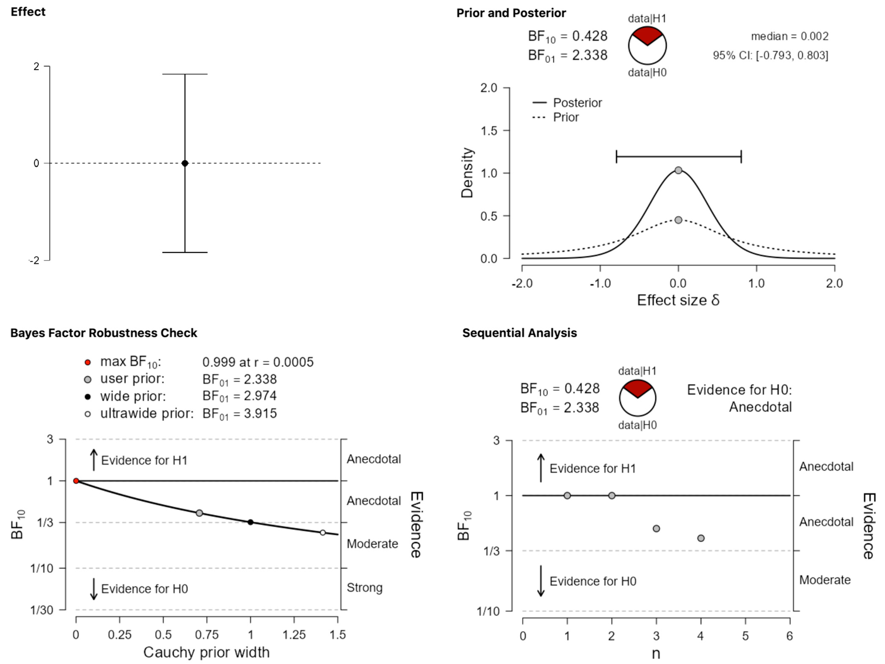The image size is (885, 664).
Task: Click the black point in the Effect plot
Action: (x=185, y=163)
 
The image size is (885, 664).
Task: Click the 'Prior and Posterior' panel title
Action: (x=511, y=13)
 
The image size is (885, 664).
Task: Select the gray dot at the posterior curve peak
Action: (x=678, y=170)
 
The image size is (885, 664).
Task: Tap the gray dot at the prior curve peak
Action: (x=678, y=220)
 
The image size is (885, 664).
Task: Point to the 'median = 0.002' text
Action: (x=789, y=36)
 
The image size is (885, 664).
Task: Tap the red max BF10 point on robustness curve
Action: (x=76, y=481)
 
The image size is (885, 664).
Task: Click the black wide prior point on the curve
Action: (x=250, y=522)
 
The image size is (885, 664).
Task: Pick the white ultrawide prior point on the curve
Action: (x=323, y=532)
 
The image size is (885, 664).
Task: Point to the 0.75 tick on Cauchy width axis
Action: (x=207, y=635)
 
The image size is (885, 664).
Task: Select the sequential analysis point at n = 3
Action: (x=656, y=528)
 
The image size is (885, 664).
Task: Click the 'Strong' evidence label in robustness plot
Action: (x=365, y=588)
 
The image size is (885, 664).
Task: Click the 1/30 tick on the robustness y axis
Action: (x=42, y=610)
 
